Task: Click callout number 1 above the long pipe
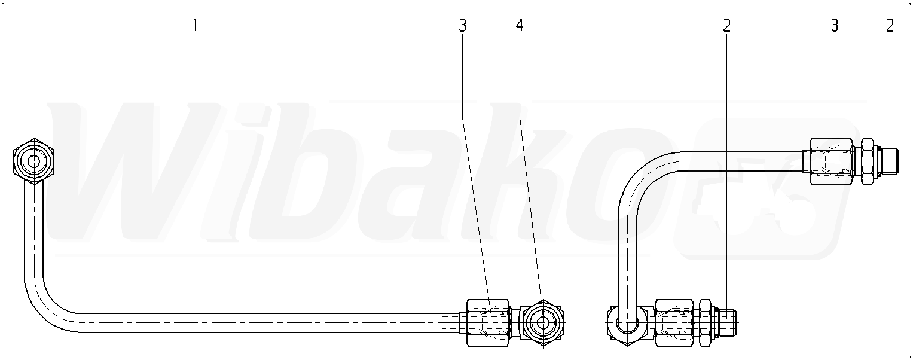click(x=196, y=26)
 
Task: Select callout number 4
click(x=519, y=26)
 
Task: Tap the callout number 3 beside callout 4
click(x=462, y=26)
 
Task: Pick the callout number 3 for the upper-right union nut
click(x=835, y=26)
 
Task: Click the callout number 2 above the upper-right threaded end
click(x=890, y=26)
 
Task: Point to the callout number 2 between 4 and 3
click(x=726, y=26)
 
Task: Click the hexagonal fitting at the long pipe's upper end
click(x=34, y=161)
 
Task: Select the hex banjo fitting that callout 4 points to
click(x=542, y=323)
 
